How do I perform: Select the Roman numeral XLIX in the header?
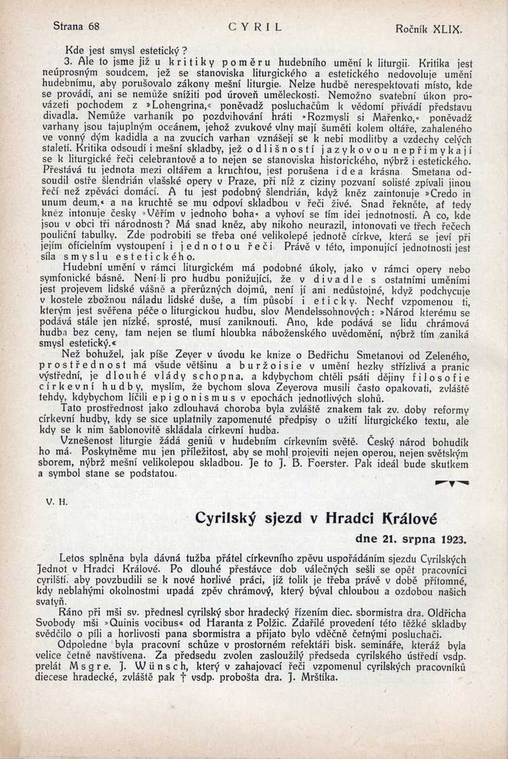point(445,29)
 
